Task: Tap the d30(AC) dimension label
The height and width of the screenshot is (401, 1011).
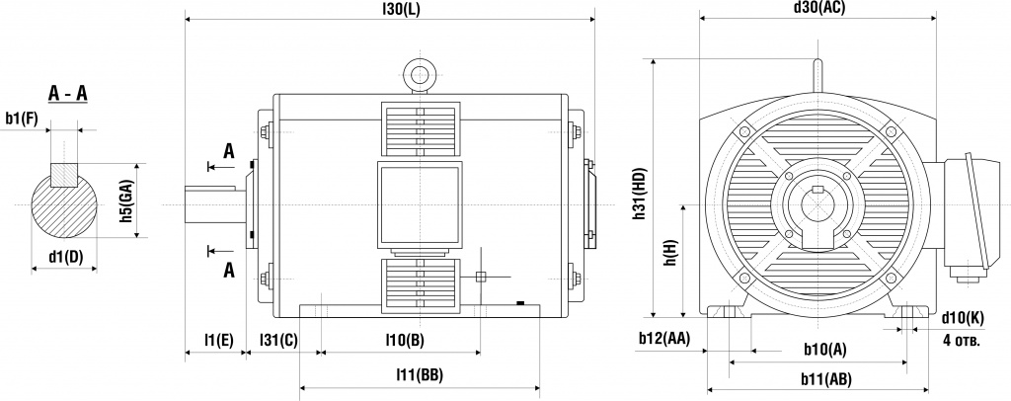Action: coord(819,8)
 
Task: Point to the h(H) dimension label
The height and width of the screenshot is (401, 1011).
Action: coord(669,254)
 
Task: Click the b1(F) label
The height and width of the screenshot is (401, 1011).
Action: coord(22,119)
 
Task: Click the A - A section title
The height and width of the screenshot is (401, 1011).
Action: coord(68,94)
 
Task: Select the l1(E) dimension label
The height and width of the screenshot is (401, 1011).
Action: coord(217,340)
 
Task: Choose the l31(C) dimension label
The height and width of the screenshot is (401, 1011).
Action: coord(278,340)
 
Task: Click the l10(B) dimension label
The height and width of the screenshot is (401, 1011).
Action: coord(404,340)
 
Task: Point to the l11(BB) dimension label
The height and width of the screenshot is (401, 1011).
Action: coord(419,375)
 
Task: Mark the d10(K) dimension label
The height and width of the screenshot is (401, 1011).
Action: coord(962,317)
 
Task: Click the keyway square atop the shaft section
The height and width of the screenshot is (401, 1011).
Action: coord(65,175)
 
